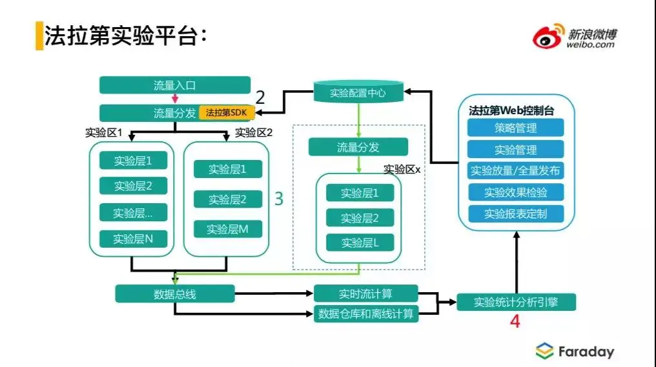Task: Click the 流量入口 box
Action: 174,85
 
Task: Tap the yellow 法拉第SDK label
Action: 226,113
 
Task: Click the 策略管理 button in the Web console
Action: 515,128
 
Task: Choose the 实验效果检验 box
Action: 515,192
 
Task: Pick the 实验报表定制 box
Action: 515,213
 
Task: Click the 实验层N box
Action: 133,239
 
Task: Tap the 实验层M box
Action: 227,229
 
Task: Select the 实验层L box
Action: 359,243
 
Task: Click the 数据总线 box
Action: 174,294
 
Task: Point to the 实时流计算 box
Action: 365,294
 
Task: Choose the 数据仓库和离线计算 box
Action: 365,314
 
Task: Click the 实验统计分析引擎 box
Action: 516,302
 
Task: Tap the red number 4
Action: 515,321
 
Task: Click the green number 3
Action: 279,199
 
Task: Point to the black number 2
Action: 260,98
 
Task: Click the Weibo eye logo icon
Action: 548,37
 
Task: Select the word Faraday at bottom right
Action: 586,352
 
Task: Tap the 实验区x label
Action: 402,170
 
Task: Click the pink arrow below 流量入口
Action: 174,99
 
